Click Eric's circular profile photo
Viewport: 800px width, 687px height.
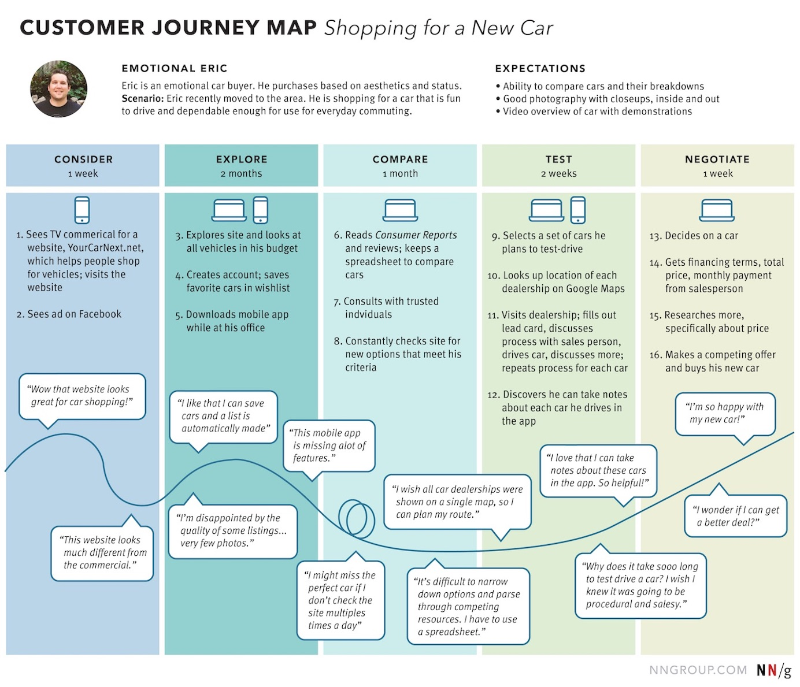58,89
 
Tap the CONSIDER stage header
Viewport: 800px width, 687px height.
83,159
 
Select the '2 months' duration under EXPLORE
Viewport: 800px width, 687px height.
241,174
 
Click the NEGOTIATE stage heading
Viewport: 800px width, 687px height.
717,159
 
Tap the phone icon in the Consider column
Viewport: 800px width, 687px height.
82,210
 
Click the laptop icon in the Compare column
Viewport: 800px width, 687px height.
400,210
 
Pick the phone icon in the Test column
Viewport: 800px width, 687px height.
577,210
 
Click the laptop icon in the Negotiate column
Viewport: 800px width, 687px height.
717,210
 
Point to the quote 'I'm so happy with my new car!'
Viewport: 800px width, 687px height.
725,413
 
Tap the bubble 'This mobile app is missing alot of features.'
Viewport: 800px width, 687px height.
329,445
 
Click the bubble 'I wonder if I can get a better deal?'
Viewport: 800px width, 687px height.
736,516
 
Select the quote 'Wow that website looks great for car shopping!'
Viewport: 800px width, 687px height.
82,396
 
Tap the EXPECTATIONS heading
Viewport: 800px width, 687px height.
540,69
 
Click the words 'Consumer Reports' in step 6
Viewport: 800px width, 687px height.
416,235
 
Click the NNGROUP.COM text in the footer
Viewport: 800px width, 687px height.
698,670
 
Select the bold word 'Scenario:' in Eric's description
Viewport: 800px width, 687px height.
142,99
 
